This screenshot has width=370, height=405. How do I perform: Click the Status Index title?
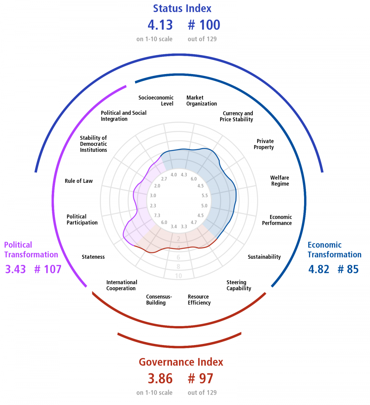pos(182,9)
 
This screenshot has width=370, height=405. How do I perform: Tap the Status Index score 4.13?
pos(160,25)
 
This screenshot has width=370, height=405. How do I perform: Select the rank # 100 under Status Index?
pos(204,25)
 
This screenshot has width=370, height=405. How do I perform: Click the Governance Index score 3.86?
pos(160,378)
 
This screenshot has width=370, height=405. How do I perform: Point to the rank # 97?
pos(201,378)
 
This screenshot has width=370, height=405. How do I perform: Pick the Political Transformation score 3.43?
pos(16,269)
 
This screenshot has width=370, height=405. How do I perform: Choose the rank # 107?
pos(48,269)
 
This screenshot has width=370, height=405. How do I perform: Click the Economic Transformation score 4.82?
pos(319,269)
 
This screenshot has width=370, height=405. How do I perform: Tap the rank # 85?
pos(348,269)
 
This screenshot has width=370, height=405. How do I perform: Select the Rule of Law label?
pos(79,181)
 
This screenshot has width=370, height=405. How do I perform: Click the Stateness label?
pos(93,257)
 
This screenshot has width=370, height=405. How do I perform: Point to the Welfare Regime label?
pos(280,181)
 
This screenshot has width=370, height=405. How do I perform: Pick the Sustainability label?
pos(264,257)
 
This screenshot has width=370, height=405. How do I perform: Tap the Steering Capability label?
pos(239,285)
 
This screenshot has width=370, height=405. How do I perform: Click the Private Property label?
pos(263,144)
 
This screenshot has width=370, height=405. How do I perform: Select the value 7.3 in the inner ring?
pos(157,215)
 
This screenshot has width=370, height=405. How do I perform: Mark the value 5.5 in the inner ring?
pos(205,195)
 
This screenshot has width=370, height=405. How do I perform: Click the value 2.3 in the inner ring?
pos(153,205)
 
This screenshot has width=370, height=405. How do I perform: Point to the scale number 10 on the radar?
pos(178,276)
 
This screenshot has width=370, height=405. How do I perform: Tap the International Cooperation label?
pos(122,285)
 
